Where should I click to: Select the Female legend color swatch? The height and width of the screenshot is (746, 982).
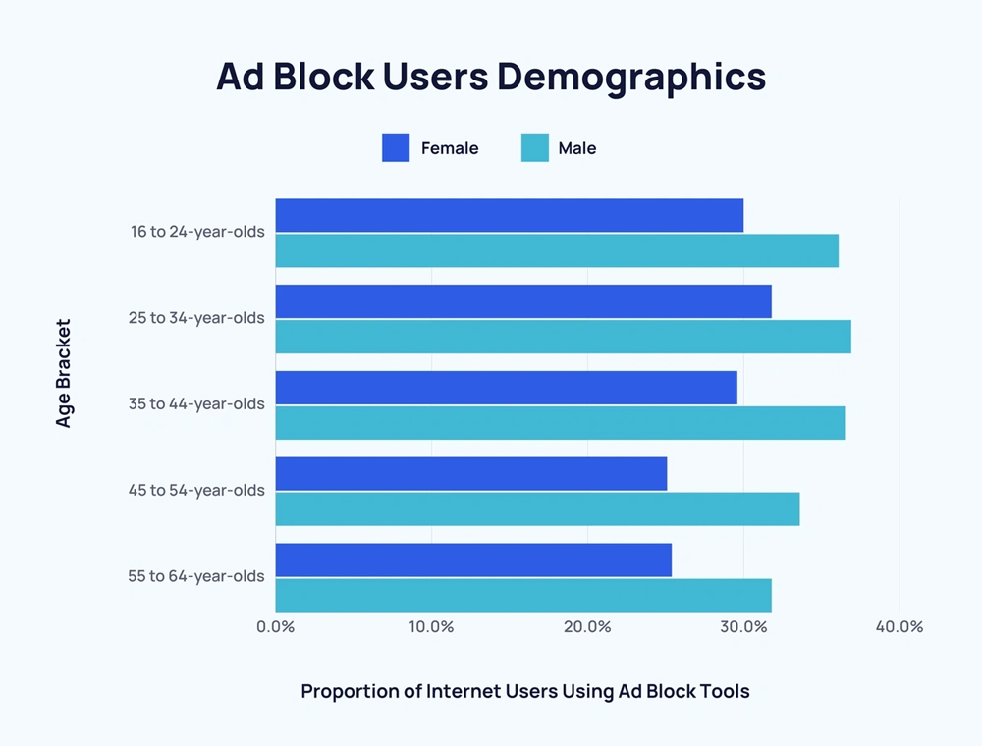pos(396,148)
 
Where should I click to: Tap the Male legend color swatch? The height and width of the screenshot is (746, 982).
pos(534,148)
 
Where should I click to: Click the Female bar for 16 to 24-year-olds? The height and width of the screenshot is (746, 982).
pos(509,215)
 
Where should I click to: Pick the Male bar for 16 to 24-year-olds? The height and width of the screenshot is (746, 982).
pos(557,250)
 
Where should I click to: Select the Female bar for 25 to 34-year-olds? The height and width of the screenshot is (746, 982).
pos(523,301)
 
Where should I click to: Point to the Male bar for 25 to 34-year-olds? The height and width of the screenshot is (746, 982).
pos(563,337)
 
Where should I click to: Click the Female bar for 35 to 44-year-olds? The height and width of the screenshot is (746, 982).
pos(506,388)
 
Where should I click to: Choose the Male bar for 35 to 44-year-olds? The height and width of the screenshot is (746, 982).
pos(560,423)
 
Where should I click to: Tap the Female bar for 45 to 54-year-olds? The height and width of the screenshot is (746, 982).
pos(470,473)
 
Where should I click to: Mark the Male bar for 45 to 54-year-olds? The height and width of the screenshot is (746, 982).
pos(537,508)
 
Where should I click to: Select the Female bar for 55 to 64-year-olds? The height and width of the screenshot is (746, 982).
pos(473,559)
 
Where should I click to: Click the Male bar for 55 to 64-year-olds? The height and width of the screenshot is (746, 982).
pos(523,595)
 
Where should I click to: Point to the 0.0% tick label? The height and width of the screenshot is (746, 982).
pos(275,627)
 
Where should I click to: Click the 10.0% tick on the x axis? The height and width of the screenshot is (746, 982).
pos(431,627)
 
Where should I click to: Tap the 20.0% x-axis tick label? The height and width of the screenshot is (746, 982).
pos(587,627)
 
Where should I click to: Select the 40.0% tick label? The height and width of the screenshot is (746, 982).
pos(899,627)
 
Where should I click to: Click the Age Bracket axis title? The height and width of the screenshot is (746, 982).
pos(64,373)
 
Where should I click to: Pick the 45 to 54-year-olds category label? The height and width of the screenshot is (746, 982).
pos(196,490)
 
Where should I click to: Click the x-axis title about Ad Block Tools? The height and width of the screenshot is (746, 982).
pos(525,692)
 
